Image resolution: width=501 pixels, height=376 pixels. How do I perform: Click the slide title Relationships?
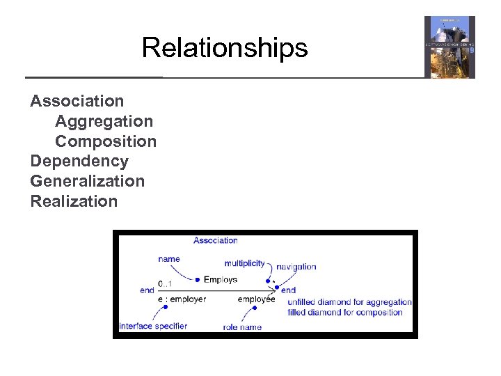coord(224,48)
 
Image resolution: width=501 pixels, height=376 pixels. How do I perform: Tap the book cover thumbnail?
coord(450,47)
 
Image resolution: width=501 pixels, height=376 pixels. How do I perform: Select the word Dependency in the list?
coord(79,162)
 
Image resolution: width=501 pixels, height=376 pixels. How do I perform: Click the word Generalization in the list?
coord(88,182)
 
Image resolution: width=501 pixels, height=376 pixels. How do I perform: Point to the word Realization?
coord(74,202)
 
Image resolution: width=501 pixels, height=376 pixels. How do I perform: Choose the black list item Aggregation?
coord(104,121)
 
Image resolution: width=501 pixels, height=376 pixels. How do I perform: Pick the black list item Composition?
coord(106,141)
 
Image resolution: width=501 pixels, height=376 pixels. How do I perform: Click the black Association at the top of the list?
coord(77,101)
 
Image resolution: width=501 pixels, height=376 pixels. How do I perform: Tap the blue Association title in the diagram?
coord(215,241)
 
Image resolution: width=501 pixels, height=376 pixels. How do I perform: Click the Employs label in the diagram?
coord(221,280)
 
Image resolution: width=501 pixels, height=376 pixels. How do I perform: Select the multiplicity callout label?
coord(244,263)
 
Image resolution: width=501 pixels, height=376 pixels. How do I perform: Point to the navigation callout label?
coord(296,267)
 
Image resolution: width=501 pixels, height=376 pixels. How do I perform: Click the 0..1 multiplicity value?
coord(166,283)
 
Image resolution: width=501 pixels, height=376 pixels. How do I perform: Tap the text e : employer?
coord(182,299)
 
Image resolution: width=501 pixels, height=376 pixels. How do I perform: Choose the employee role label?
coord(256,299)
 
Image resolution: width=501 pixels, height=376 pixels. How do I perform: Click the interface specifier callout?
coord(153,326)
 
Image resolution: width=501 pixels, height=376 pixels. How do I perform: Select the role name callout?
coord(243,327)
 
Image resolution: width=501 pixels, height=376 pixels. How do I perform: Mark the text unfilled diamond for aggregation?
coord(349,302)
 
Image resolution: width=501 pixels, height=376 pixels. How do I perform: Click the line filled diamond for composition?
coord(345,313)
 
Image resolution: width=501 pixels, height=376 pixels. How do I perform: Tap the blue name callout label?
coord(169,259)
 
